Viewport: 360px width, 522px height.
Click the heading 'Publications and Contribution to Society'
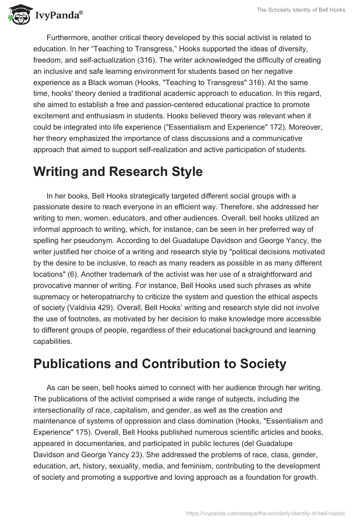point(160,364)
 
